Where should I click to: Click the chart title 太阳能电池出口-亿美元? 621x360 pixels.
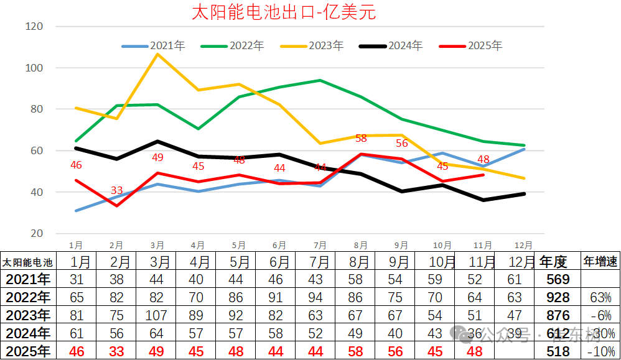click(x=284, y=12)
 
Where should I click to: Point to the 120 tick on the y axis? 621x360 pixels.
click(x=34, y=27)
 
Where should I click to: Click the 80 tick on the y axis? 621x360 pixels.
click(x=36, y=109)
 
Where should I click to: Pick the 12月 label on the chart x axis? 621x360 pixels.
click(x=524, y=246)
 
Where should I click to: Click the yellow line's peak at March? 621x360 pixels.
click(x=157, y=54)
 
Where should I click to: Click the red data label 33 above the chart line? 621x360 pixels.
click(x=116, y=190)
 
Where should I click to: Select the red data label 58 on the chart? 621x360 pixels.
click(x=362, y=139)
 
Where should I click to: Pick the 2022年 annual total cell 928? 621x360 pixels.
click(x=556, y=297)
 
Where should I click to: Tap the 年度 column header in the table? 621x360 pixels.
click(x=554, y=262)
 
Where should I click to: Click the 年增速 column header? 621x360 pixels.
click(x=600, y=262)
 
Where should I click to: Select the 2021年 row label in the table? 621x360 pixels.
click(x=27, y=279)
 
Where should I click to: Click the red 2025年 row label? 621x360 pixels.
click(x=27, y=351)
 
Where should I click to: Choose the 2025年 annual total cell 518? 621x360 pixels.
click(x=556, y=351)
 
